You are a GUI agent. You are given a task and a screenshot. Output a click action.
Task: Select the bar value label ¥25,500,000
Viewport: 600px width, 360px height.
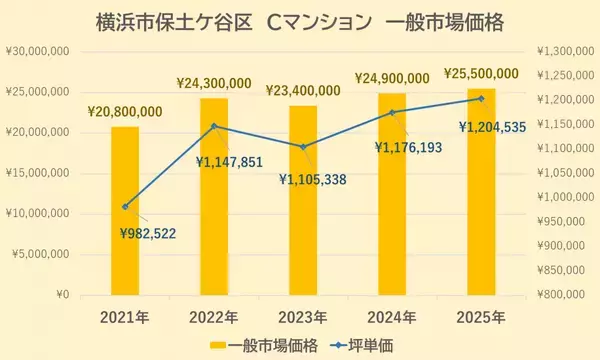(481, 73)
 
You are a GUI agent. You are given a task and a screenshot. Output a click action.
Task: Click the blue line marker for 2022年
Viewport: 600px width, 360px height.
(214, 126)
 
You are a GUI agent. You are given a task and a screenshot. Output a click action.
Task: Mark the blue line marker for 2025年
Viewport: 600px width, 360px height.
(481, 98)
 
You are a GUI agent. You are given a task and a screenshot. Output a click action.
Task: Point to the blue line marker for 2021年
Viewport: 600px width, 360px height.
(125, 207)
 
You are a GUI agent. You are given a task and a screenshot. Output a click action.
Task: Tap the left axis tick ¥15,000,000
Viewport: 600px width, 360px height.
(37, 173)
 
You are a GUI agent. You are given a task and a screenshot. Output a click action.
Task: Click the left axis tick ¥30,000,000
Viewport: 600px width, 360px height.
(37, 51)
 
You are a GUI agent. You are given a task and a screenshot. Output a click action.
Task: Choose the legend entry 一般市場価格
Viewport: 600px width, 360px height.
(270, 344)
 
